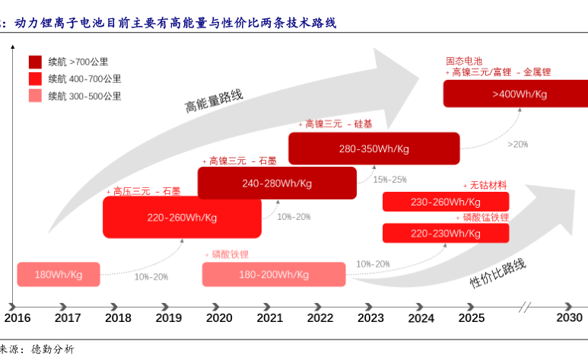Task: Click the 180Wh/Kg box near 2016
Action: tap(59, 275)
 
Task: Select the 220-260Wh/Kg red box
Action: tap(182, 218)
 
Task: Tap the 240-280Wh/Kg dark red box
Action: tap(277, 183)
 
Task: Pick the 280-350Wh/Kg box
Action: tap(373, 148)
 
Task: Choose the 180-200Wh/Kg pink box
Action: tap(273, 275)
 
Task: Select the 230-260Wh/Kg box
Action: tap(445, 202)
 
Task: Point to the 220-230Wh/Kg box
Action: tap(445, 234)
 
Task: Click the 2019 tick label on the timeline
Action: tap(168, 318)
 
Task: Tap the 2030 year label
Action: tap(569, 318)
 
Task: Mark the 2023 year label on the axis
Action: tap(370, 318)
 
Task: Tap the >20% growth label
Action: tap(518, 144)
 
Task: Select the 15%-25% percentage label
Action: tap(389, 180)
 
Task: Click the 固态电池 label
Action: tap(464, 61)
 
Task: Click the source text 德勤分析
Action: tap(52, 349)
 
